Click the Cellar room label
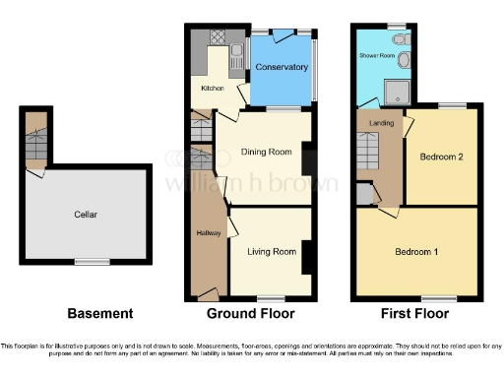(85, 214)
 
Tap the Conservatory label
(282, 67)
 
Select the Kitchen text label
(214, 89)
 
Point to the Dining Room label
(266, 152)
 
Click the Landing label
(381, 122)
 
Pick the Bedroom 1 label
(416, 252)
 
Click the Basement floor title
(99, 314)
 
